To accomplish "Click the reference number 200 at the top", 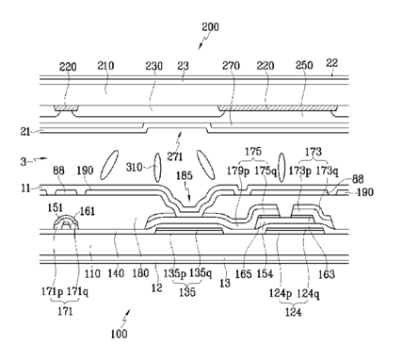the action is coord(210,27).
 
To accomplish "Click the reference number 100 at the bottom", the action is coord(120,334).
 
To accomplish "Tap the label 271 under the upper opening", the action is coord(175,156).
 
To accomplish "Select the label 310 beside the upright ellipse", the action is coord(135,167).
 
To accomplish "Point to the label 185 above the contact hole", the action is coord(185,175).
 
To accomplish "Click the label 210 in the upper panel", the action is coord(105,66).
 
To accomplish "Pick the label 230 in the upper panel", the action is coord(153,66).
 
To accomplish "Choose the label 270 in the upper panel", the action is coord(231,66).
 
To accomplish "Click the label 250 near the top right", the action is coord(304,65).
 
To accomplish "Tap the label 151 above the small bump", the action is coord(56,207).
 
